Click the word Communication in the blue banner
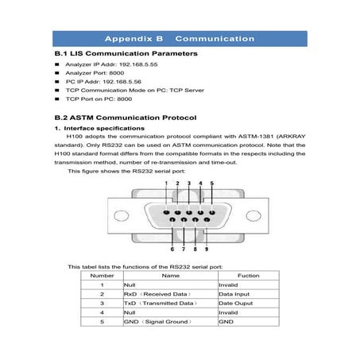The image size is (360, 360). click(215, 38)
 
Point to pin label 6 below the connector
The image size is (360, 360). click(172, 249)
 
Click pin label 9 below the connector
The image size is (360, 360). click(207, 249)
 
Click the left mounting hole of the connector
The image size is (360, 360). click(121, 215)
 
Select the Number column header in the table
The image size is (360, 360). click(102, 275)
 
